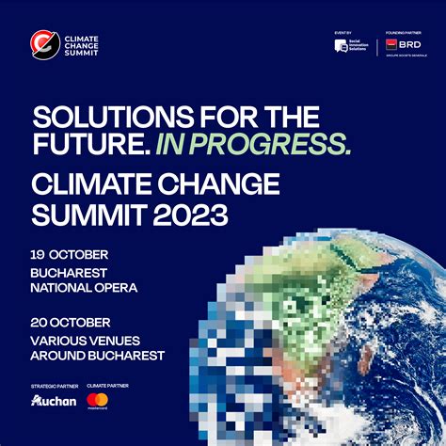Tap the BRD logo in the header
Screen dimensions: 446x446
tap(402, 45)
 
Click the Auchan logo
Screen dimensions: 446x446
tap(53, 401)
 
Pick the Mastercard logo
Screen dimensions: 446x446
tap(97, 401)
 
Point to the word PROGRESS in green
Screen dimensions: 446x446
tap(279, 144)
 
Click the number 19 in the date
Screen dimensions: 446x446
tap(38, 255)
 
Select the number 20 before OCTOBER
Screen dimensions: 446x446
tap(39, 322)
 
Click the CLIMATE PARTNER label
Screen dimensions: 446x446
tap(107, 386)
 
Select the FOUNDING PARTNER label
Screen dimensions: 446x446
tap(402, 32)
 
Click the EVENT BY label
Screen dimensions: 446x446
tap(342, 32)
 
